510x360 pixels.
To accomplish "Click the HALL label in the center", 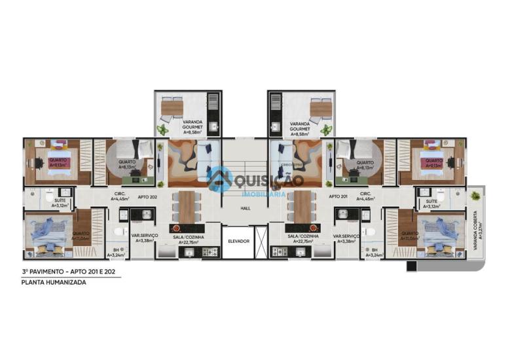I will click(246, 208).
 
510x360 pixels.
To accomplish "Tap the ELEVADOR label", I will click(239, 241).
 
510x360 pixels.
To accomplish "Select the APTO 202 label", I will click(147, 196).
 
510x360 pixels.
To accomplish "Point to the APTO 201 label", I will click(338, 196).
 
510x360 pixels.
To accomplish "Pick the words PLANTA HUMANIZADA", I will click(54, 283).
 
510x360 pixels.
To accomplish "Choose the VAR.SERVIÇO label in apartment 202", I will click(143, 238).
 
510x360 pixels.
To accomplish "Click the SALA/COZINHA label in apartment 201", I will click(303, 238).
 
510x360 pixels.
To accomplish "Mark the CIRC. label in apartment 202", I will click(120, 194).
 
